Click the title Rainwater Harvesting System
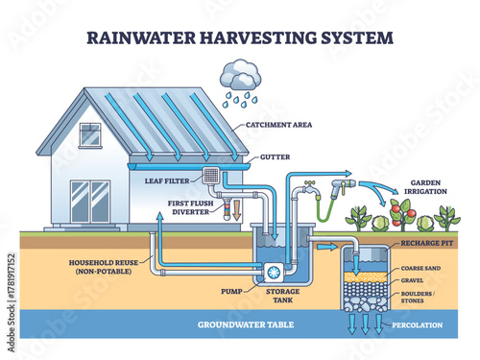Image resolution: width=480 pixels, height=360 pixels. pos(239,38)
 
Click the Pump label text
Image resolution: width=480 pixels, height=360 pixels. pos(229,288)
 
